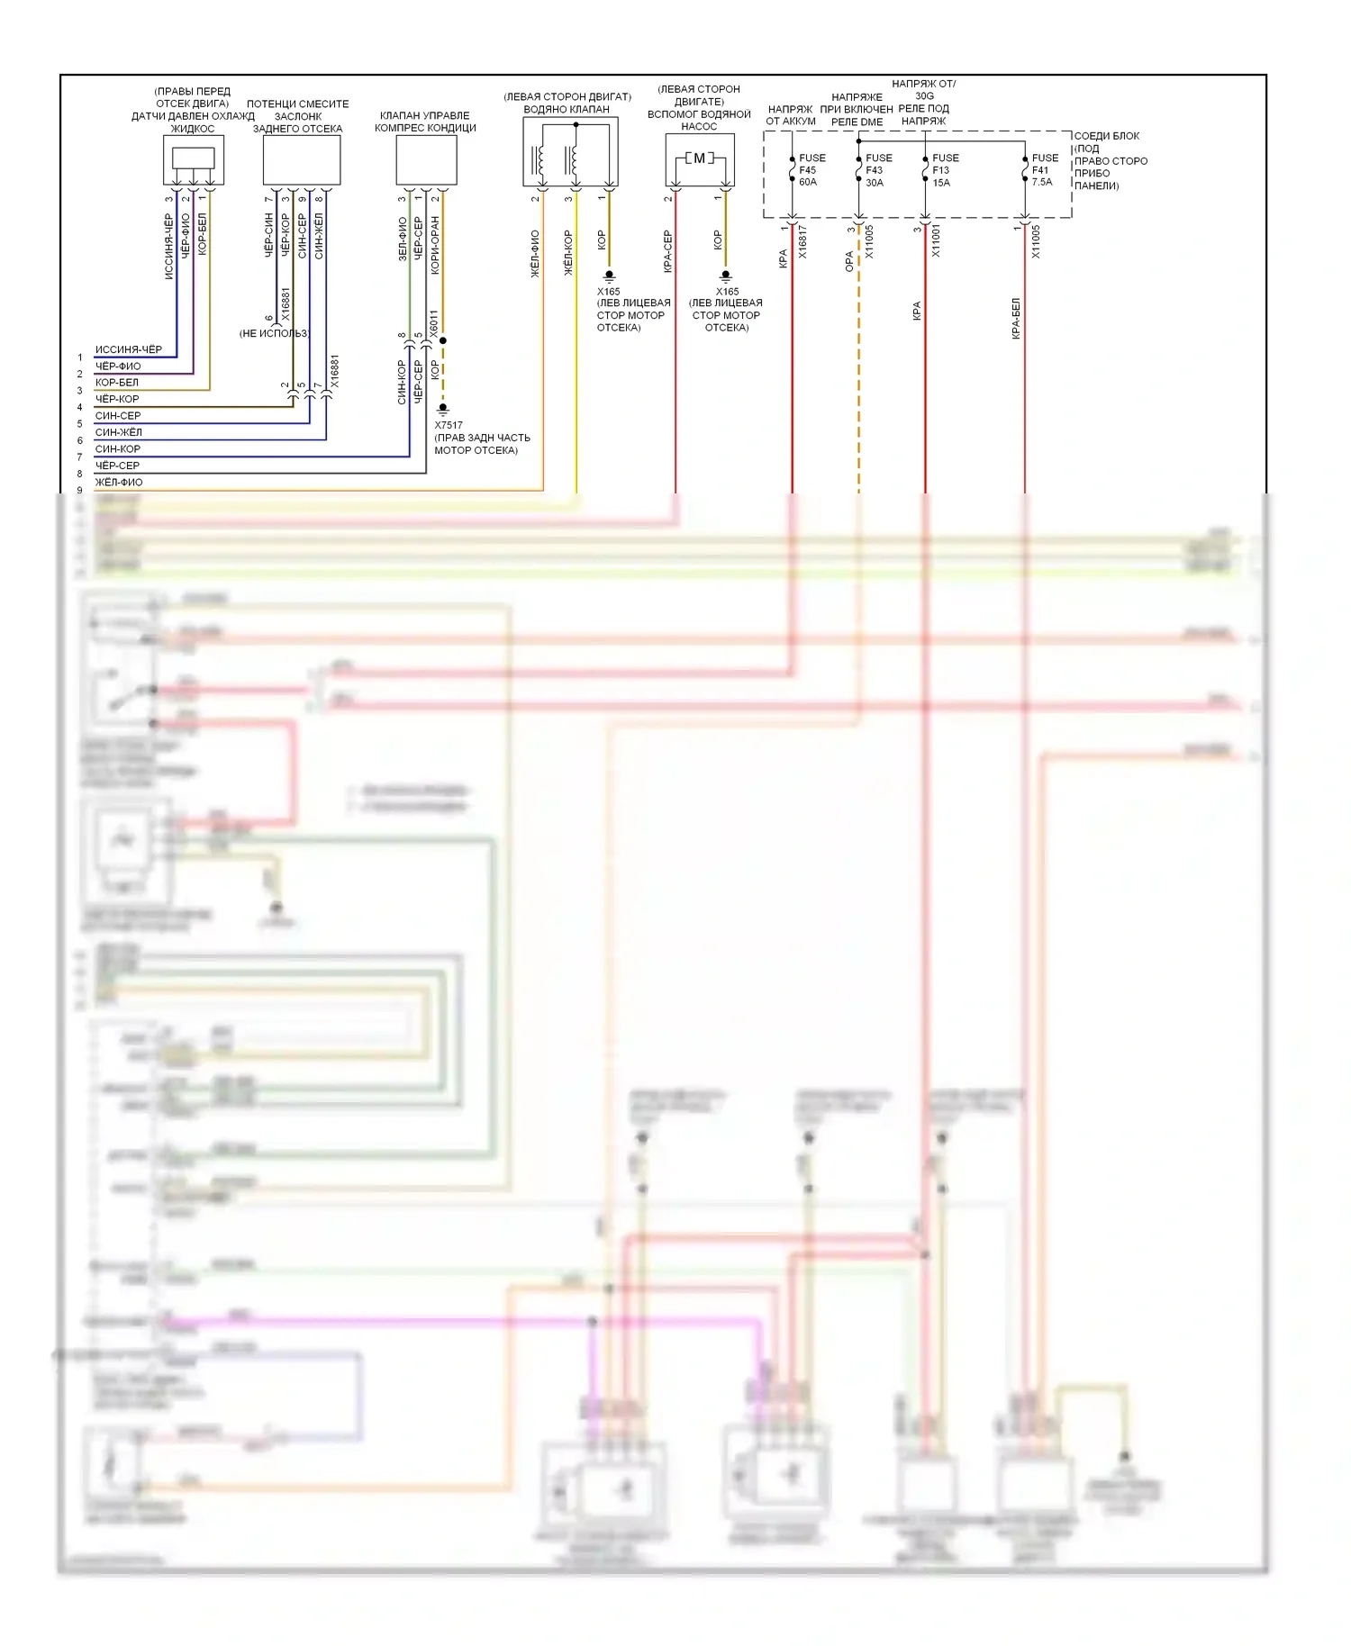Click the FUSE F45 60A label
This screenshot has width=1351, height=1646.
pyautogui.click(x=810, y=170)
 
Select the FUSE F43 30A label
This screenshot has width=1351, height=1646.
pyautogui.click(x=877, y=170)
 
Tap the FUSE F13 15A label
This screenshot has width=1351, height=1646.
pyautogui.click(x=944, y=170)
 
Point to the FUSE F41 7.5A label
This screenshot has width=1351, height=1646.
pyautogui.click(x=1043, y=169)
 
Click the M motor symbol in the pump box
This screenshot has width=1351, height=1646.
pyautogui.click(x=699, y=158)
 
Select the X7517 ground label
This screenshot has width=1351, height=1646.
pyautogui.click(x=449, y=425)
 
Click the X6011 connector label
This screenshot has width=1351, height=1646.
pyautogui.click(x=433, y=324)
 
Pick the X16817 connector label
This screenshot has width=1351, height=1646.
pyautogui.click(x=802, y=242)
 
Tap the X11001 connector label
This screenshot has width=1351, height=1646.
pyautogui.click(x=936, y=242)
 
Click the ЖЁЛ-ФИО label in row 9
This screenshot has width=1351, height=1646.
pyautogui.click(x=119, y=483)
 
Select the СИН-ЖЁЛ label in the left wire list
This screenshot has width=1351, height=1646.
pyautogui.click(x=119, y=432)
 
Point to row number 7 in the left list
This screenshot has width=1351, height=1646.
pyautogui.click(x=79, y=457)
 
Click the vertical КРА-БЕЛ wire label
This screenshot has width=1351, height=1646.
pyautogui.click(x=1015, y=318)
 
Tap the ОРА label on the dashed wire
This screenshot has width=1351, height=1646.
pyautogui.click(x=849, y=262)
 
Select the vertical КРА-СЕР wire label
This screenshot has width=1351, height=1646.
pyautogui.click(x=667, y=251)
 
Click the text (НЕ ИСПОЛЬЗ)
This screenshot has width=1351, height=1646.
pyautogui.click(x=273, y=333)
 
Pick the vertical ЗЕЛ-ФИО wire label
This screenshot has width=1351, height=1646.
pyautogui.click(x=402, y=240)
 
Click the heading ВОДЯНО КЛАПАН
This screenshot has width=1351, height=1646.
pyautogui.click(x=567, y=109)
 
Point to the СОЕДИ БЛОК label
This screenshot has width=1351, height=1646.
pyautogui.click(x=1106, y=136)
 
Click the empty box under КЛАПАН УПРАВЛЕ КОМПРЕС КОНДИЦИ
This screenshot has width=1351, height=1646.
pyautogui.click(x=426, y=160)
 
